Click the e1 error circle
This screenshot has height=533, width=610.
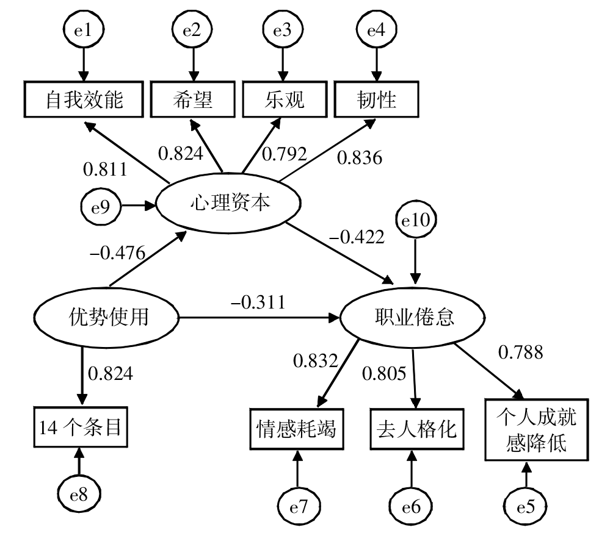tap(82, 29)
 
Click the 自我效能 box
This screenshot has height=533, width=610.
tap(84, 99)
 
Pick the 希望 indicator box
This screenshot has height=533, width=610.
tap(193, 99)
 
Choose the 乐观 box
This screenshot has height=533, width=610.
tap(282, 99)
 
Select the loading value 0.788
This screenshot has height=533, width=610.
tap(521, 351)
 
